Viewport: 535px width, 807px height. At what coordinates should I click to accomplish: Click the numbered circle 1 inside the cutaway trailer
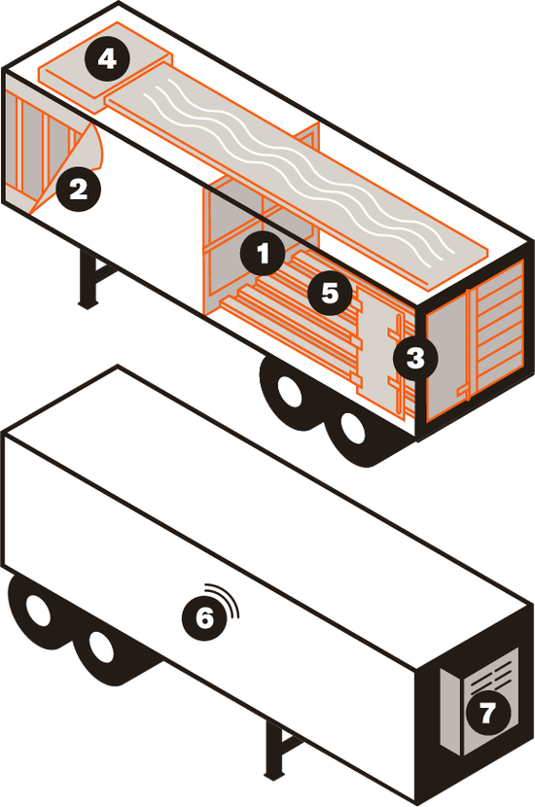(x=262, y=255)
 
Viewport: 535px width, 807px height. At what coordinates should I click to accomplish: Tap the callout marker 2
(x=78, y=189)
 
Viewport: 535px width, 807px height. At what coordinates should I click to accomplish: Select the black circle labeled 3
(x=414, y=358)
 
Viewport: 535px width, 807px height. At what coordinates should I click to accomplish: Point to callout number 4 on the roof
(x=106, y=60)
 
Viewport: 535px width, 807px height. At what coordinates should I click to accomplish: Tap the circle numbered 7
(x=486, y=714)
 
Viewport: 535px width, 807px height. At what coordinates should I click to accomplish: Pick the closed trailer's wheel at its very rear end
(x=37, y=612)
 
